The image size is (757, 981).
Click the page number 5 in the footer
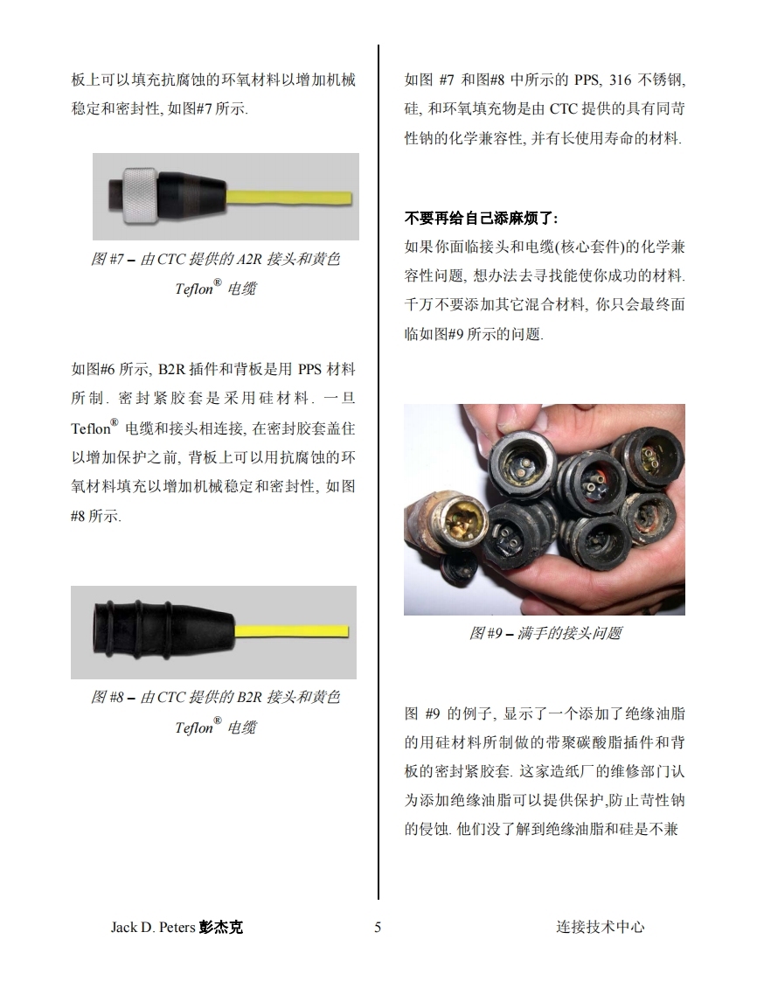click(x=378, y=927)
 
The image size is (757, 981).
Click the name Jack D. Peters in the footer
click(x=153, y=927)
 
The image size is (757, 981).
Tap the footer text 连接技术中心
click(x=600, y=927)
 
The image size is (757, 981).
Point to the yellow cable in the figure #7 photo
click(x=288, y=197)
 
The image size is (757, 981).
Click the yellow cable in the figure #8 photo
click(x=291, y=630)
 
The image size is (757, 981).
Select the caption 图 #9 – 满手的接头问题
click(x=545, y=633)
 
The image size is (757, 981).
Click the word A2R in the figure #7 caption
click(x=249, y=259)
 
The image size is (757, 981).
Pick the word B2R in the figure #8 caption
click(x=249, y=697)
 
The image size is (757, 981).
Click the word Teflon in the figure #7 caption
click(x=194, y=289)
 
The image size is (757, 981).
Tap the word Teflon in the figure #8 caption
click(x=194, y=727)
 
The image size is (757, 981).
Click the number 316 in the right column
click(x=620, y=80)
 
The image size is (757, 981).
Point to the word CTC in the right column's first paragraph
click(x=563, y=109)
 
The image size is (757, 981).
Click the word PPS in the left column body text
click(x=309, y=369)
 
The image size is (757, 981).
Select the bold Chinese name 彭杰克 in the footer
click(x=221, y=927)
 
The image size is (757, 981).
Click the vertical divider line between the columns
click(x=378, y=472)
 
